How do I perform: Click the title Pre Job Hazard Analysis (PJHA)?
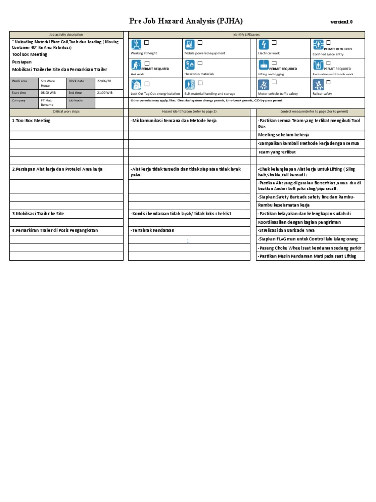(x=186, y=21)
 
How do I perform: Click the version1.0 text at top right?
(x=341, y=22)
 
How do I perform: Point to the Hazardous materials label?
(x=199, y=74)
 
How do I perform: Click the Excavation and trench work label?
(x=332, y=74)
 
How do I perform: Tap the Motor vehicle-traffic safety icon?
(x=263, y=84)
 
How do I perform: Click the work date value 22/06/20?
(x=104, y=81)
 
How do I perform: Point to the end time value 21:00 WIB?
(x=105, y=92)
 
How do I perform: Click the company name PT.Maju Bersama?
(x=47, y=102)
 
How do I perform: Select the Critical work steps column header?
(x=66, y=112)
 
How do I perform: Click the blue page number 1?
(x=187, y=241)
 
